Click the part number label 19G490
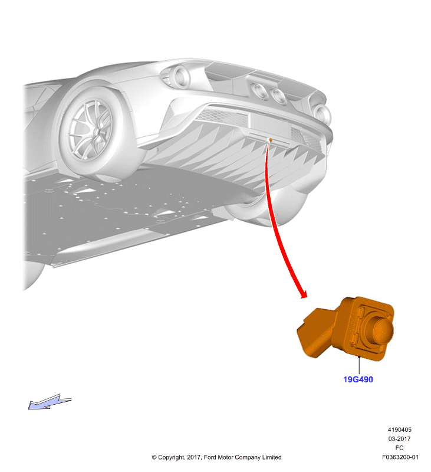tap(358, 379)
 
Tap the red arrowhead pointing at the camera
tap(304, 294)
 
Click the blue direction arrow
tap(50, 402)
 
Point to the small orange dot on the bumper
tap(271, 140)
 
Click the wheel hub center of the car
tap(96, 132)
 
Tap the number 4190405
tap(399, 430)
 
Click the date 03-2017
tap(399, 438)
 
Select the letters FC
tap(399, 448)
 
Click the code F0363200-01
tap(400, 457)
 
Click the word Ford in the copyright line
tap(210, 457)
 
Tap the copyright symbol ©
tap(154, 457)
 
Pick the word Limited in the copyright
tap(272, 457)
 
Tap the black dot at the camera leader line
tap(359, 357)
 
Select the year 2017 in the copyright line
tap(194, 457)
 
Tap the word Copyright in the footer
tap(172, 458)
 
